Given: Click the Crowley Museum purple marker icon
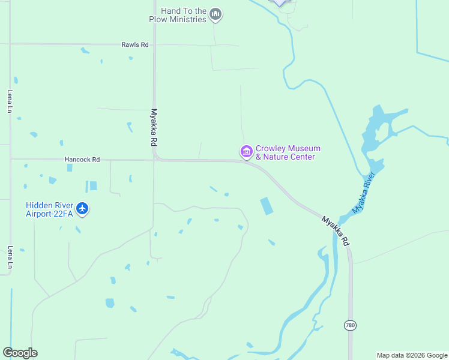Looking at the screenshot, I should coord(246,152).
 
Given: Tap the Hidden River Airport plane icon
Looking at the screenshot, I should coord(82,209).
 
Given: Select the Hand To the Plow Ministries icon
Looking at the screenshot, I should coord(216,15).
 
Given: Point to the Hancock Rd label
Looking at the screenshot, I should coord(82,160).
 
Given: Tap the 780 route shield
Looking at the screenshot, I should coord(350,325).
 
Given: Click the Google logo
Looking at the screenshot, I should coord(20,353).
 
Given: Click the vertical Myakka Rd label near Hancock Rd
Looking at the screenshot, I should coord(154,127).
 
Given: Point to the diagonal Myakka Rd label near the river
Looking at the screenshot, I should coord(335,230).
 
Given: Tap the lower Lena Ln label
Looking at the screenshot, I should coord(10,257).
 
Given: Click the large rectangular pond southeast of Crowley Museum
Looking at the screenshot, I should coord(266,206).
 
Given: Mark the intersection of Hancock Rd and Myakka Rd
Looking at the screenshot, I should coord(155,160).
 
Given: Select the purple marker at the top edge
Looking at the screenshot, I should coord(280,2).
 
